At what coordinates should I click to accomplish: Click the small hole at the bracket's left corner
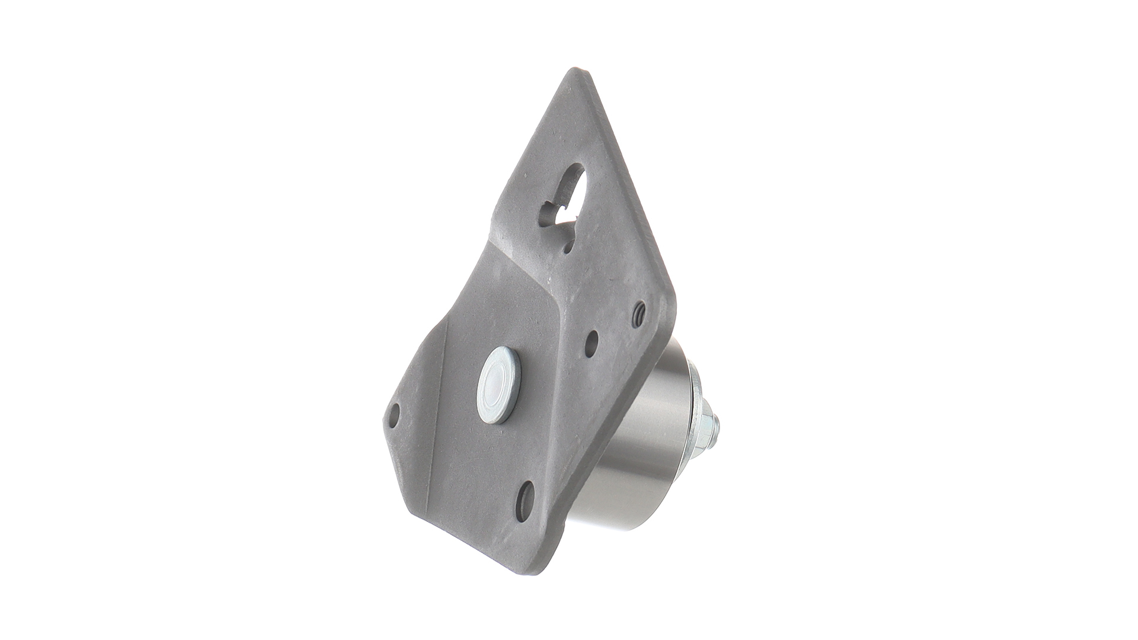pyautogui.click(x=395, y=415)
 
